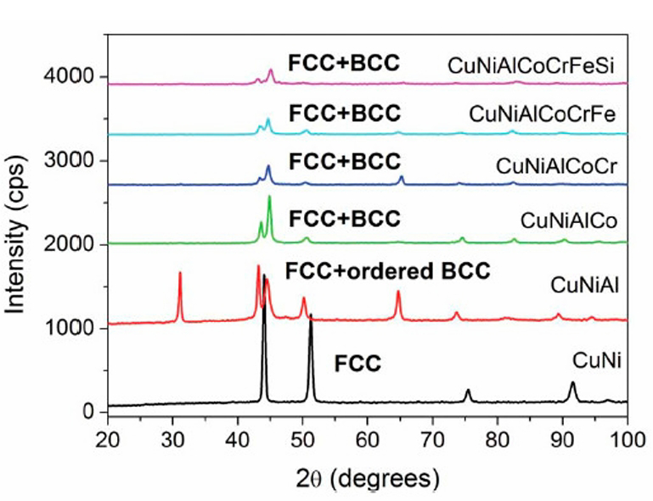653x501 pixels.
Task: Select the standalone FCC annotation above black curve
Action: pos(357,365)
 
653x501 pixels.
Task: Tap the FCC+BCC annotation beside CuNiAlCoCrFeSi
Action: pos(343,64)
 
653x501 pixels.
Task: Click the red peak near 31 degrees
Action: pos(180,274)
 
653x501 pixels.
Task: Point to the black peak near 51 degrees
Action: pos(311,315)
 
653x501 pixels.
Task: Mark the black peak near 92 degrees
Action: pos(572,383)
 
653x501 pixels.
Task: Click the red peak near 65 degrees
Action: pos(397,292)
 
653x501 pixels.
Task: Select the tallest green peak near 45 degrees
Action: pos(269,198)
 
